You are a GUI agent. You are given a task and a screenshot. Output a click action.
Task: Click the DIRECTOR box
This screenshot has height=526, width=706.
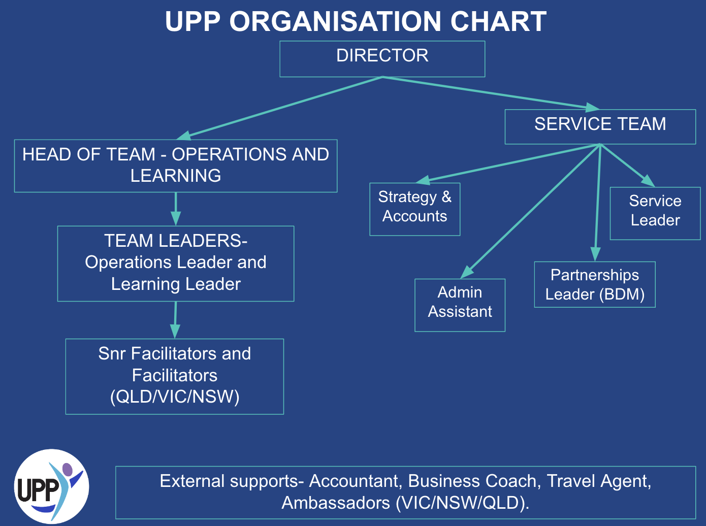point(382,58)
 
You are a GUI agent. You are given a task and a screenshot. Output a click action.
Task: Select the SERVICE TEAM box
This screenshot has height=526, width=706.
point(600,126)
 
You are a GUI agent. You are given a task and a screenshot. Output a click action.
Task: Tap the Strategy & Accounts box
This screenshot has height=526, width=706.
point(414,209)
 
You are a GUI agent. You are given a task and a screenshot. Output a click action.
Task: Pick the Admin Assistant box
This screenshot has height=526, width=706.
point(460,305)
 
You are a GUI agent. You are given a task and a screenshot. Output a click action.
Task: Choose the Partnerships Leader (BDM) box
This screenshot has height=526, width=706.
point(594,284)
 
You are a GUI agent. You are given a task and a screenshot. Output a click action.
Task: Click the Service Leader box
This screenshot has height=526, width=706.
point(655,213)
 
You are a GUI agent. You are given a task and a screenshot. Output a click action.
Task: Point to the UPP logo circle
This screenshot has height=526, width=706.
point(51,486)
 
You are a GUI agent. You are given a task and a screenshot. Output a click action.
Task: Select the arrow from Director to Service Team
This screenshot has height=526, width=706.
point(490,93)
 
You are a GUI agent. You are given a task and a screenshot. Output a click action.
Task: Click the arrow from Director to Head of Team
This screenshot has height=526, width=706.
point(279,108)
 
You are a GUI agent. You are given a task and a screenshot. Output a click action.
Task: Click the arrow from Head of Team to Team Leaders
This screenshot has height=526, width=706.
point(176,209)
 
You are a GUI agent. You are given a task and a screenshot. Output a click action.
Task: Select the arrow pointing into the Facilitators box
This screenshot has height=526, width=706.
point(175,320)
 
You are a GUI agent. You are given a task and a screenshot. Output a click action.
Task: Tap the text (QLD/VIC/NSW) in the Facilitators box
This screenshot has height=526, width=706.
point(175,397)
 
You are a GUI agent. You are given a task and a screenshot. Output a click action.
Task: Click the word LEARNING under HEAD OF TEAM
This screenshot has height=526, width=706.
point(176,176)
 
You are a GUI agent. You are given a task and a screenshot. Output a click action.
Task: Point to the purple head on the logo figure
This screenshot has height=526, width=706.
point(67,469)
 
